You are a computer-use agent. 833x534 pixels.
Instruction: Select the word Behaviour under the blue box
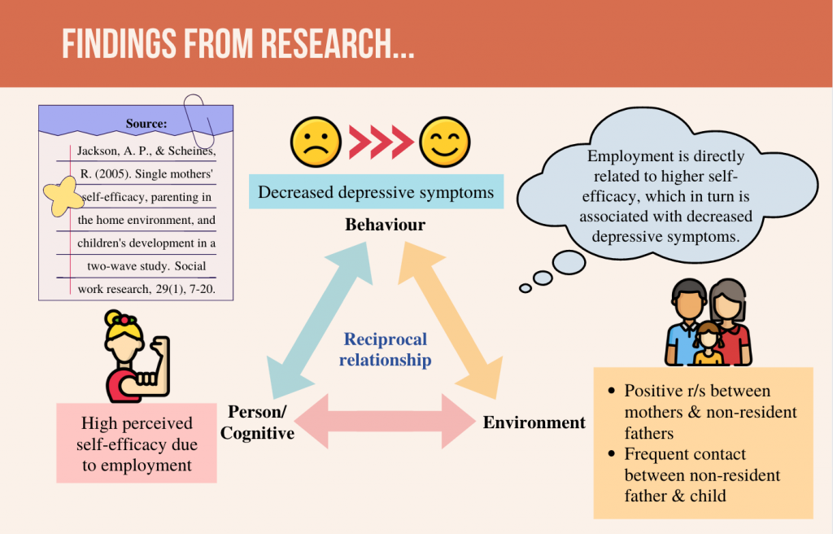click(385, 225)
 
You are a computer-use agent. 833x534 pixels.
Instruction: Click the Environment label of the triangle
click(534, 422)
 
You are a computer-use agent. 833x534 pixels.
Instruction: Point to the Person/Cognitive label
click(257, 422)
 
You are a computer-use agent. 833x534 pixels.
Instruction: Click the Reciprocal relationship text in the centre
click(385, 349)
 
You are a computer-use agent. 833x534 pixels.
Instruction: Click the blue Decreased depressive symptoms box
click(376, 193)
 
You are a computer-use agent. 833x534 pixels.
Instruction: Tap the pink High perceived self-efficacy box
click(137, 444)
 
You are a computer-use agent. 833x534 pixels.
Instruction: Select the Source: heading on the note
click(146, 124)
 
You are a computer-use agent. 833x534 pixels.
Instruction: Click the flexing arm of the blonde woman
click(158, 363)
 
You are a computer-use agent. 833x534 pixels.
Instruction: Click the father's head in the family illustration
click(689, 300)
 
